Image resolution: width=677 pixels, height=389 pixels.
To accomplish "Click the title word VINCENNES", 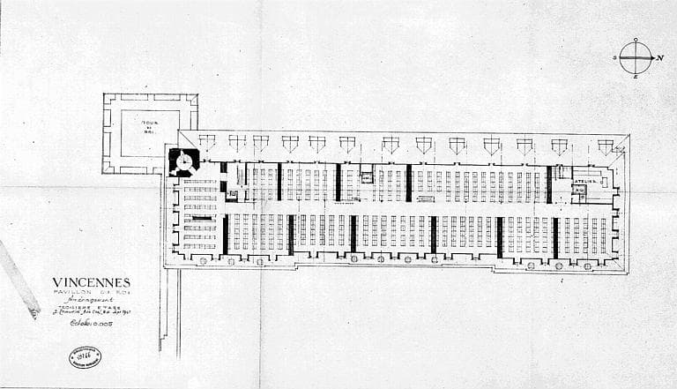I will [x=91, y=283].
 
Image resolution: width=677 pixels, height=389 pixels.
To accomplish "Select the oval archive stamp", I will [x=85, y=357].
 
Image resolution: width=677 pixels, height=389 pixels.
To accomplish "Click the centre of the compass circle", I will [x=635, y=58].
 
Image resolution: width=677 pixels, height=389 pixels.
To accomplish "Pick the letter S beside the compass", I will [x=614, y=58].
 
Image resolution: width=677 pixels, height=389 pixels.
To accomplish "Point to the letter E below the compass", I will [x=636, y=79].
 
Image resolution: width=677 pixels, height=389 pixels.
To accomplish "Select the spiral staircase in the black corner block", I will [x=184, y=161].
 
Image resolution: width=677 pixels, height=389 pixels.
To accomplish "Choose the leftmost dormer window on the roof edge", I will [x=206, y=140].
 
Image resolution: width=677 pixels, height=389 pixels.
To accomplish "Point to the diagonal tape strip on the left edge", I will [x=19, y=279].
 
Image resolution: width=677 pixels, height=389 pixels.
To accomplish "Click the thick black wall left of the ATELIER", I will [x=549, y=183].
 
